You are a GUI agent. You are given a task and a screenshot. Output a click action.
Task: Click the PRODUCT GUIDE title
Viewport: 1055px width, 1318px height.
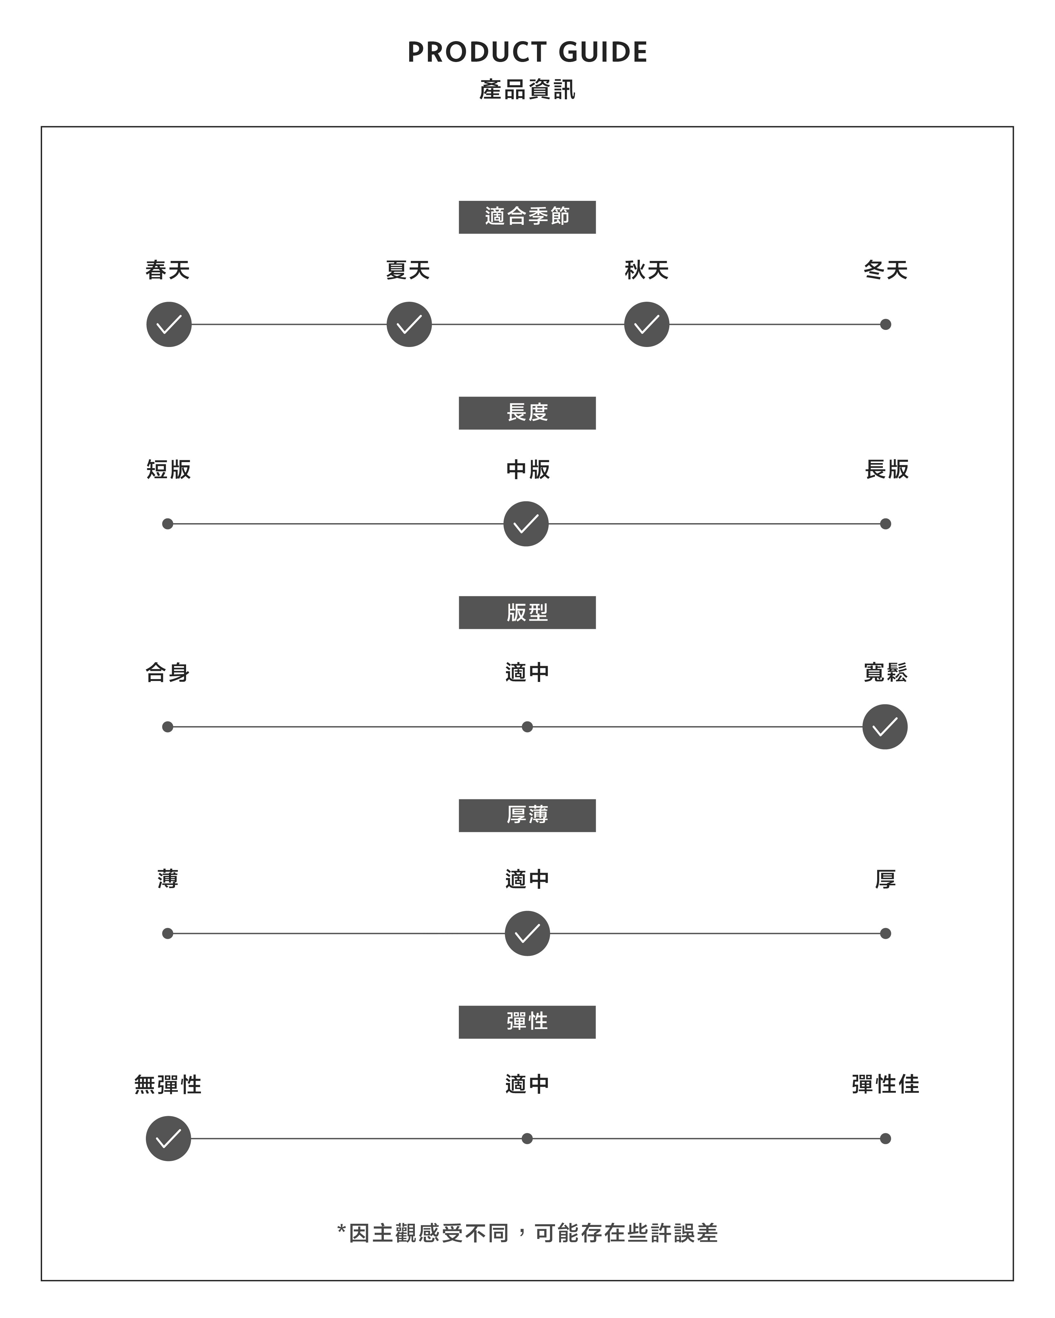(527, 53)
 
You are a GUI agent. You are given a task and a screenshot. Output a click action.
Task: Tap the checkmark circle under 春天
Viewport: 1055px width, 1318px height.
(169, 325)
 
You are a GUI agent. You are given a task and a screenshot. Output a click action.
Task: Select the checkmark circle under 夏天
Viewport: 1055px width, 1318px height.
(409, 325)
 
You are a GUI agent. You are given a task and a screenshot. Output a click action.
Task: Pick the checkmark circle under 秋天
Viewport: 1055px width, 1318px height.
(646, 325)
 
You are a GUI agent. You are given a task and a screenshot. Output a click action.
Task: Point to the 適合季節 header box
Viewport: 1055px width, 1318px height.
(527, 217)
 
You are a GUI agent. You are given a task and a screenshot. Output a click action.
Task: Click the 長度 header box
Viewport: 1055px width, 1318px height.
(527, 413)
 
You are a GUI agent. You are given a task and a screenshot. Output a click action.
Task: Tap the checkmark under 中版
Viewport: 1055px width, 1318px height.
(526, 524)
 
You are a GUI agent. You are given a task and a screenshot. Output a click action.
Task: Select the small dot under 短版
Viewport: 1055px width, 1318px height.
(168, 524)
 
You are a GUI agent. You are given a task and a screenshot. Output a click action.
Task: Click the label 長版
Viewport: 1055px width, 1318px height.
(886, 469)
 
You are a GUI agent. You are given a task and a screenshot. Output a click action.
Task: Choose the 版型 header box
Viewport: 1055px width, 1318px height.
(527, 613)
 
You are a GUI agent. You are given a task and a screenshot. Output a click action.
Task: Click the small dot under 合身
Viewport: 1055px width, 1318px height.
(168, 727)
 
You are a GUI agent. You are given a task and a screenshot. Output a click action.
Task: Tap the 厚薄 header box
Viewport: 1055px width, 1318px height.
(527, 815)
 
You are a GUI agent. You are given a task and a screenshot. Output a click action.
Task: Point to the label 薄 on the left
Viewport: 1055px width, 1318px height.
(168, 879)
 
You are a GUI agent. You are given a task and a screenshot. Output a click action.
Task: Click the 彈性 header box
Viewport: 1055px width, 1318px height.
(527, 1022)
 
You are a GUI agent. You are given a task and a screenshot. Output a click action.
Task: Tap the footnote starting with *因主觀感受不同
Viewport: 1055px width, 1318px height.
(527, 1233)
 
